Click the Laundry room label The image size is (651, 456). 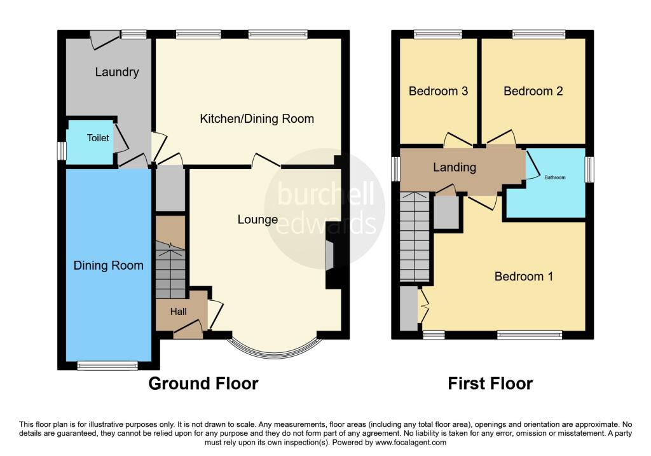point(117,72)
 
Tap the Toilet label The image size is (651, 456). point(98,138)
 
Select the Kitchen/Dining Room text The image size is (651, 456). point(257,119)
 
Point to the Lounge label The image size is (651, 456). point(257,219)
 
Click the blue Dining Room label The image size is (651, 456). point(107,265)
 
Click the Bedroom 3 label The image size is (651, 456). point(438,91)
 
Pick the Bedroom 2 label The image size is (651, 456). point(533,91)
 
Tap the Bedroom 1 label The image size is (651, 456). point(524,277)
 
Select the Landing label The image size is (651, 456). point(455,167)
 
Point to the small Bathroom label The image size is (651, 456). point(554,177)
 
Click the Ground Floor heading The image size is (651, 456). point(203,383)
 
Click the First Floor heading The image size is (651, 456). point(490,383)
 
